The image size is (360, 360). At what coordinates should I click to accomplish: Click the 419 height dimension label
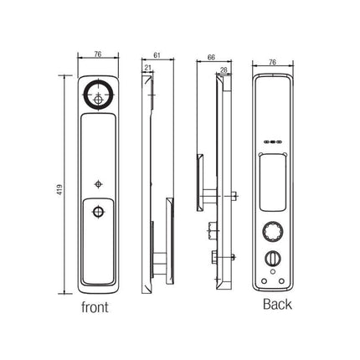pyautogui.click(x=60, y=189)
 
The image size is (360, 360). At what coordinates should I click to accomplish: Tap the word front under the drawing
pyautogui.click(x=95, y=307)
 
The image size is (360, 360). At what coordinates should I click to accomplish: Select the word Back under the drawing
pyautogui.click(x=277, y=304)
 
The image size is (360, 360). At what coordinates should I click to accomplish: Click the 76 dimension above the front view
pyautogui.click(x=98, y=54)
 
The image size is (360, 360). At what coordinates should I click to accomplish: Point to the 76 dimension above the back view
pyautogui.click(x=272, y=62)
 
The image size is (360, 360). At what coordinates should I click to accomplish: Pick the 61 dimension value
pyautogui.click(x=157, y=55)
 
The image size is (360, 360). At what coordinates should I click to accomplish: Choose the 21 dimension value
pyautogui.click(x=148, y=68)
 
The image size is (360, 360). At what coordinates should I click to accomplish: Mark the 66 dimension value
pyautogui.click(x=211, y=57)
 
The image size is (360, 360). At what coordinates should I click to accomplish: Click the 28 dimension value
pyautogui.click(x=224, y=70)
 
